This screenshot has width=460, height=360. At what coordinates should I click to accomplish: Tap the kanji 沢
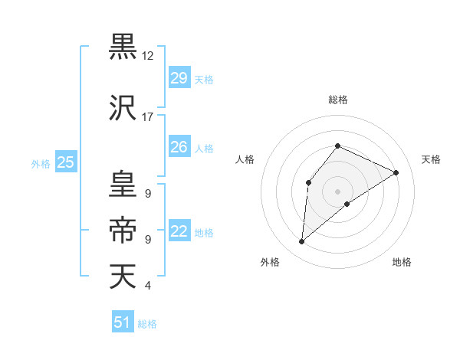point(122,107)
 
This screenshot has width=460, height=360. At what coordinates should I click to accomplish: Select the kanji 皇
point(122,184)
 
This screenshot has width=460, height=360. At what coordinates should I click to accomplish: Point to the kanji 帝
point(122,229)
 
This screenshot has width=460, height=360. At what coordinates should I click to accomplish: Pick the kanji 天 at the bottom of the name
point(122,276)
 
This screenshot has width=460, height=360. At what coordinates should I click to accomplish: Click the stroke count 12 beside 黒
point(148,56)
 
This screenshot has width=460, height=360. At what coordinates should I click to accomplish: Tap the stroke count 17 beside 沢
point(148,117)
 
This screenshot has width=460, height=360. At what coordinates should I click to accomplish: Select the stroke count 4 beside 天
point(147,286)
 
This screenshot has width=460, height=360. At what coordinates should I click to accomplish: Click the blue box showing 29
point(179,78)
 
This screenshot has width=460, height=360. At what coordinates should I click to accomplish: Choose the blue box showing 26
point(179,147)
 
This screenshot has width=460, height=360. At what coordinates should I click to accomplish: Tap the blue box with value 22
point(179,232)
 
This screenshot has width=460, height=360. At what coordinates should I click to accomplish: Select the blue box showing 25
point(66,162)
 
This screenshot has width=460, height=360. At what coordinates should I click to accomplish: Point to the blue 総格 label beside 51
point(147,324)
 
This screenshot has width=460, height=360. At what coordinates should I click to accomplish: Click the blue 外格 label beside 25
point(41,163)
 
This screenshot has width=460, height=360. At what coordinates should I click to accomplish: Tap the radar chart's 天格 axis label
point(431,159)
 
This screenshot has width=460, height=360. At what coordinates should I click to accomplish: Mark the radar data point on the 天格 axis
point(396,172)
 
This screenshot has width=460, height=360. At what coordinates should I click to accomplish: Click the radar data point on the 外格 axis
point(302,242)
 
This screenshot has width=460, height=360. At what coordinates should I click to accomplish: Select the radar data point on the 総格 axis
point(337,146)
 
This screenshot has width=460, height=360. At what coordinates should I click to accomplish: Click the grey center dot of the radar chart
point(337,191)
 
